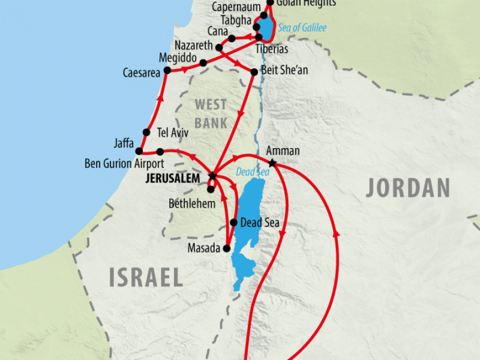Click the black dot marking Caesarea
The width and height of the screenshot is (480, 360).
click(167, 71)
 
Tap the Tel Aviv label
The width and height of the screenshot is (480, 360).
click(173, 132)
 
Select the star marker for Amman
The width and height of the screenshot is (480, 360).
click(272, 163)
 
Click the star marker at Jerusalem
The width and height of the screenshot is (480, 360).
click(211, 176)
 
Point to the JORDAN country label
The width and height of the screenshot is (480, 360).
click(408, 188)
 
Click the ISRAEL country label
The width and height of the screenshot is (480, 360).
click(146, 277)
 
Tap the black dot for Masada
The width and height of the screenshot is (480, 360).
click(227, 248)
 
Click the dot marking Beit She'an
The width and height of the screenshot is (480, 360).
click(254, 72)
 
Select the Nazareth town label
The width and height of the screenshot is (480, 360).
click(194, 46)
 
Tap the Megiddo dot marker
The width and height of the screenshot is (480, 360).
click(203, 63)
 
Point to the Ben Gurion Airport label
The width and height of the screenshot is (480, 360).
click(124, 163)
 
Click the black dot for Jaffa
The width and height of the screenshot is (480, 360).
click(139, 151)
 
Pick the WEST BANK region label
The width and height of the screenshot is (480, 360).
click(211, 113)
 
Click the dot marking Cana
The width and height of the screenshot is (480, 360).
click(232, 38)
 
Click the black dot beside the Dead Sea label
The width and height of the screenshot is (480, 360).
click(233, 223)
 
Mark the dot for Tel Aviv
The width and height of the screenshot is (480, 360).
click(146, 132)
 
